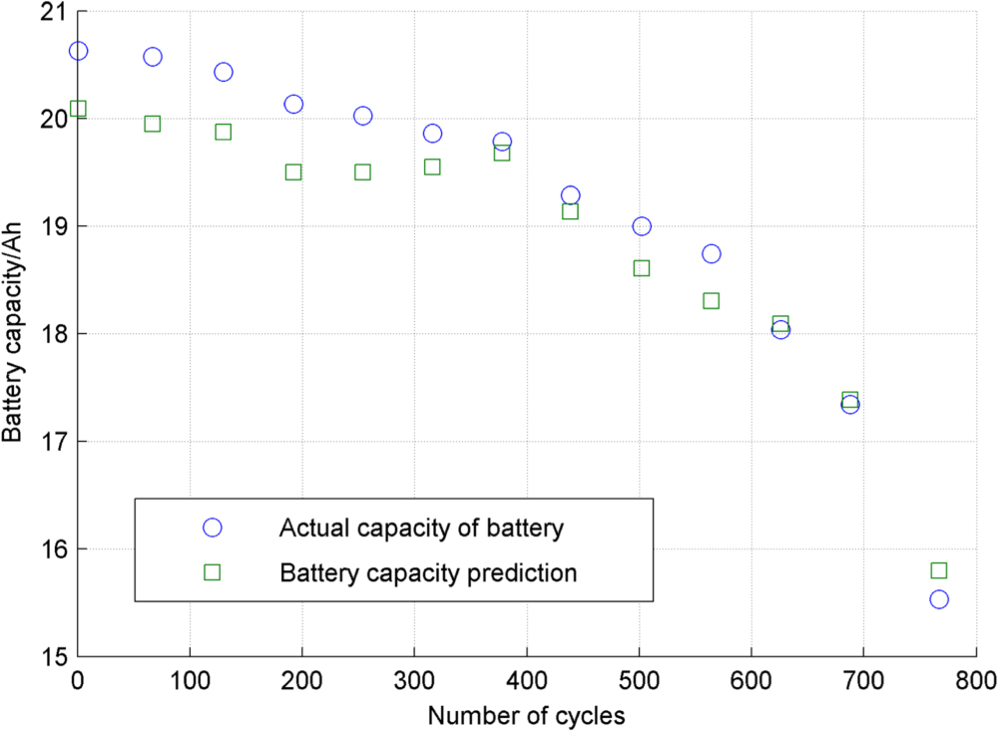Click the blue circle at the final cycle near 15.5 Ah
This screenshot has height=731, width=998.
pos(938,599)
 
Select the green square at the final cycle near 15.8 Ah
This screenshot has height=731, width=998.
pos(938,570)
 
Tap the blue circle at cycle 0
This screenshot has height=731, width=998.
pos(78,51)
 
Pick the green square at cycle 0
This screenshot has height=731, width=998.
pos(78,109)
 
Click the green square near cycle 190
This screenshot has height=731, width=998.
pos(293,172)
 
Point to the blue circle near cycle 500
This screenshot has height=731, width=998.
pos(642,226)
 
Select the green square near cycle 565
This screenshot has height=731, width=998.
pos(712,300)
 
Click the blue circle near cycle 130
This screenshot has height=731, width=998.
pos(224,72)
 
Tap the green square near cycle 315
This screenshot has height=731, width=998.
pos(432,167)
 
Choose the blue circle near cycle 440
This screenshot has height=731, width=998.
pos(571,195)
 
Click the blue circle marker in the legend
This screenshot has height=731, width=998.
pos(212,528)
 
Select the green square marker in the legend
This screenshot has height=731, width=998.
pos(212,572)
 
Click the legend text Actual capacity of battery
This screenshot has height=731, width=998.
pos(421,528)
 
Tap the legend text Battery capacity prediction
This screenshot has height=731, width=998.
pos(429,573)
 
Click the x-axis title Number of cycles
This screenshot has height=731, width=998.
pos(527,715)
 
